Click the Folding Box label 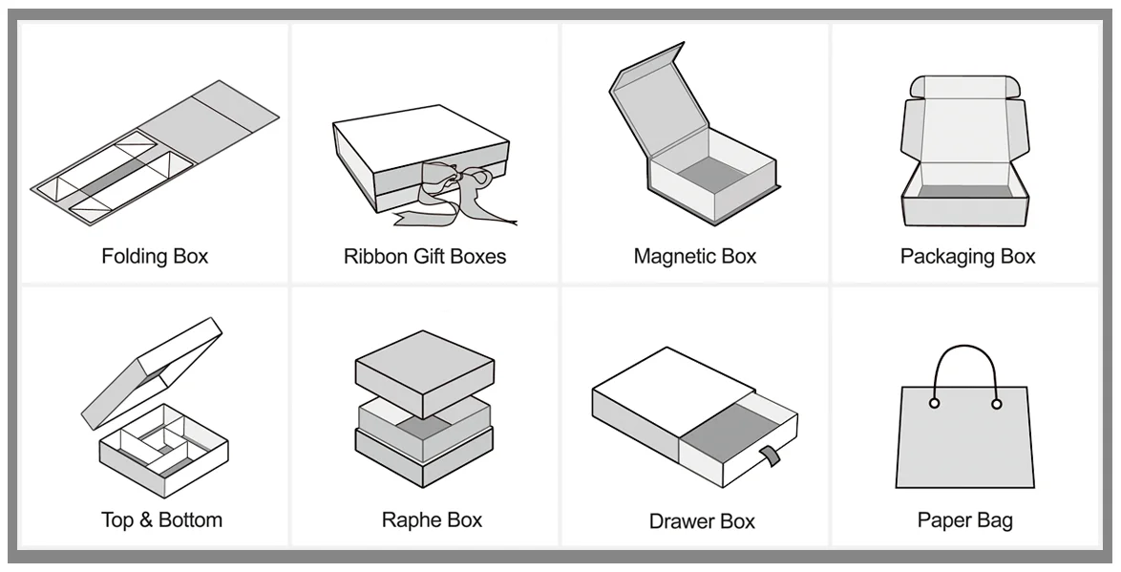pos(155,256)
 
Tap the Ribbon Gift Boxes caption pos(425,256)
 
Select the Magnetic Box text pos(694,256)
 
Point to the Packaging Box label pos(967,256)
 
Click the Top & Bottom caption pos(161,520)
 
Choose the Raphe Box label pos(432,520)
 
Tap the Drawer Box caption pos(702,521)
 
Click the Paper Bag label pos(964,520)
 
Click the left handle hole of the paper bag pos(934,404)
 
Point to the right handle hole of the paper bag pos(997,404)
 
